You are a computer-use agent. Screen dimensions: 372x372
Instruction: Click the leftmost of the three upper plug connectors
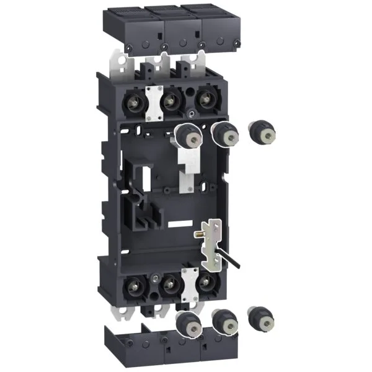[185, 133]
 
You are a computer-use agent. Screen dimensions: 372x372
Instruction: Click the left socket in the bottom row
[133, 286]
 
